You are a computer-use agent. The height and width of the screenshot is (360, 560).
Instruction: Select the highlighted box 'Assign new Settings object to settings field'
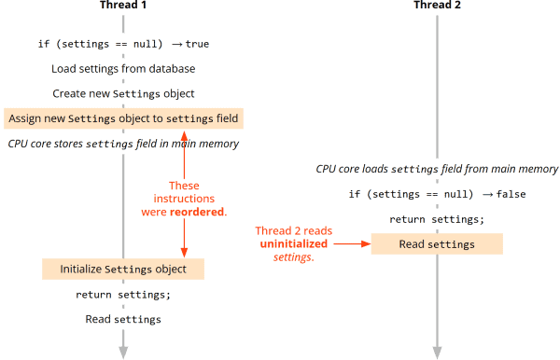[x=123, y=118]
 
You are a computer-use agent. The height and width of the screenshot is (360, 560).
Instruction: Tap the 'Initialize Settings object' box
[x=123, y=270]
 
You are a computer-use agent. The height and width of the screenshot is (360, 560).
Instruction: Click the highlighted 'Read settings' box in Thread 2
[x=437, y=244]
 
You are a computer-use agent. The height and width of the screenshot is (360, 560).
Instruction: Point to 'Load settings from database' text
[x=123, y=69]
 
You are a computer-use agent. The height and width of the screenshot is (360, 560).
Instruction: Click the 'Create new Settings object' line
[x=123, y=93]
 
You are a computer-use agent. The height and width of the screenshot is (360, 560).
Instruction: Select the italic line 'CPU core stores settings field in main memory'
[x=123, y=144]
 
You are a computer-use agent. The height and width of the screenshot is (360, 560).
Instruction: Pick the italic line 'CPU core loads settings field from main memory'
[x=437, y=169]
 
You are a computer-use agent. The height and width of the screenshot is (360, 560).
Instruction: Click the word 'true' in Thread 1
[x=197, y=44]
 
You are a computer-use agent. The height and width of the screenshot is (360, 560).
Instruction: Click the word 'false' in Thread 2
[x=511, y=194]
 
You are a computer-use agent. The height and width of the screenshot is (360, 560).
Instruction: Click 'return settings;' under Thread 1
[x=123, y=295]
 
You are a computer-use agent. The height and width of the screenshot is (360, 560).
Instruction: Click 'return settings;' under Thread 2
[x=437, y=219]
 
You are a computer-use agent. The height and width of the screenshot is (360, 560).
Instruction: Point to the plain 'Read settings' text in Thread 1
[x=123, y=319]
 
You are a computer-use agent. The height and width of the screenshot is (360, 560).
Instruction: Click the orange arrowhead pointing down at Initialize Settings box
[x=184, y=252]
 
